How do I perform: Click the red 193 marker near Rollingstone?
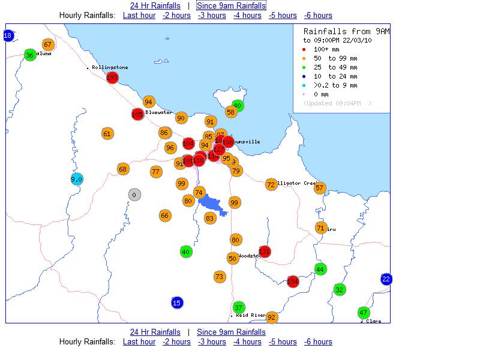click(x=112, y=77)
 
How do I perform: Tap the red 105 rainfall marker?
click(x=137, y=114)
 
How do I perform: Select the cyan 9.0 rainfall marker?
click(x=76, y=179)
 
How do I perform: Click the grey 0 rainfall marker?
click(x=134, y=194)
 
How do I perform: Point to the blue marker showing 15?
click(x=177, y=302)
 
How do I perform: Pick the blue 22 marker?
click(x=386, y=279)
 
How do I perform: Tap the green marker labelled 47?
click(x=363, y=313)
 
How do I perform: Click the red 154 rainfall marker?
click(x=293, y=281)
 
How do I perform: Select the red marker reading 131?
click(x=265, y=251)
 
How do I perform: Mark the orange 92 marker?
click(x=272, y=317)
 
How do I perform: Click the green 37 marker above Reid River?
click(x=239, y=307)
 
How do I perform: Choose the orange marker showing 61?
click(x=107, y=134)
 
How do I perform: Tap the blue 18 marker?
click(x=8, y=36)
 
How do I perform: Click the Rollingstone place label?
click(x=110, y=68)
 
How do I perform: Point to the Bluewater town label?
click(x=159, y=112)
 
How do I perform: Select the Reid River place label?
click(x=250, y=315)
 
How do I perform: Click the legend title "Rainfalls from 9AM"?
click(x=346, y=31)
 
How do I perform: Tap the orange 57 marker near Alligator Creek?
click(x=319, y=188)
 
